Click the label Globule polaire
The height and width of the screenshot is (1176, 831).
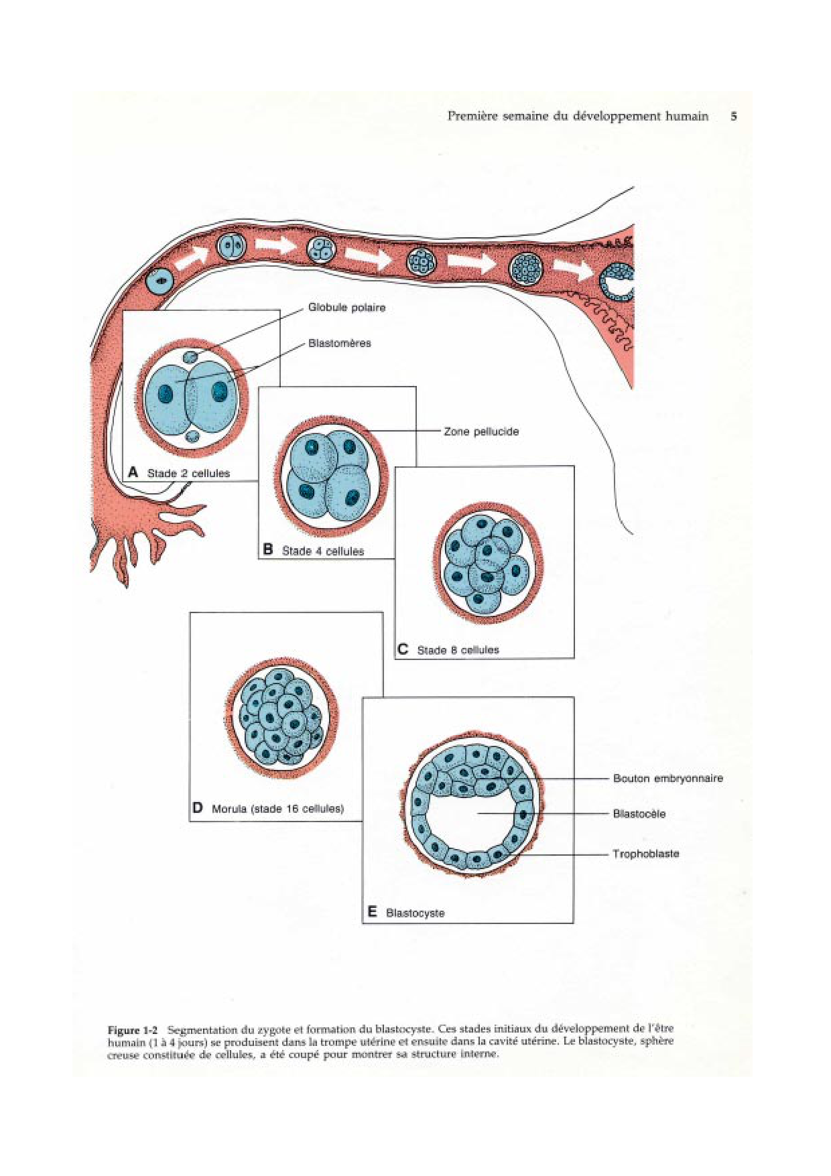pyautogui.click(x=346, y=308)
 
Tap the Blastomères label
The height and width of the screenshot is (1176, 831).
pyautogui.click(x=339, y=343)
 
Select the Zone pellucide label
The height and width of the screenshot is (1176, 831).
pyautogui.click(x=481, y=432)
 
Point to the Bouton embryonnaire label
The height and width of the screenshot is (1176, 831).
pyautogui.click(x=667, y=778)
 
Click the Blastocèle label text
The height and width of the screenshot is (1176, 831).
pyautogui.click(x=639, y=813)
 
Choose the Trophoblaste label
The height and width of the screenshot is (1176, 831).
pyautogui.click(x=645, y=854)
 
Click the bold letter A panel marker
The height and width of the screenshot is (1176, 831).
pyautogui.click(x=133, y=472)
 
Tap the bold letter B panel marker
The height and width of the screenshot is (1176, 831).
pyautogui.click(x=268, y=549)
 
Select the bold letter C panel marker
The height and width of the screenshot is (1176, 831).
pyautogui.click(x=403, y=649)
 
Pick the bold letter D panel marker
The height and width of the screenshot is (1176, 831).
pyautogui.click(x=198, y=807)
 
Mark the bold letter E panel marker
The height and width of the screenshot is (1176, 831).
pyautogui.click(x=372, y=911)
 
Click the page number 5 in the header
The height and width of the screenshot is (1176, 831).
pyautogui.click(x=734, y=116)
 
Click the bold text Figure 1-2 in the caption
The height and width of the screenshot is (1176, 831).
pyautogui.click(x=133, y=1030)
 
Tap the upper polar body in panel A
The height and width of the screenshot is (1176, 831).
pyautogui.click(x=192, y=356)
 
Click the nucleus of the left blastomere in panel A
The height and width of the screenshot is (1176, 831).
pyautogui.click(x=166, y=393)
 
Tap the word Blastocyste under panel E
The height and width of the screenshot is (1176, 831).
pyautogui.click(x=415, y=913)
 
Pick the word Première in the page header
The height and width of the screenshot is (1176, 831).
pyautogui.click(x=472, y=116)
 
